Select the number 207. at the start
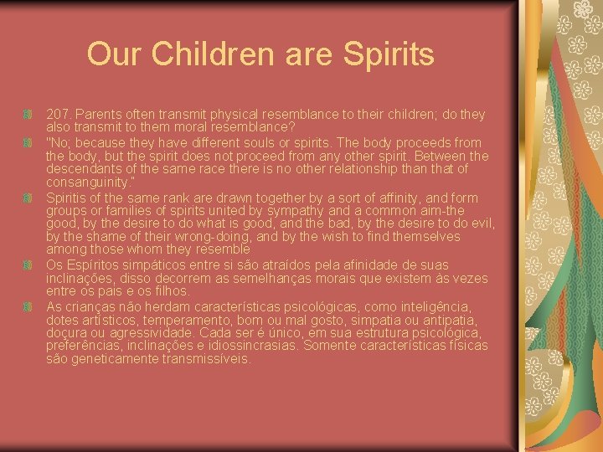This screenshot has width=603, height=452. coord(59,115)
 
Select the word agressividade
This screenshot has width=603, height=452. coord(152,333)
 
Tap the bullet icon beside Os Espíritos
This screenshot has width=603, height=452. coord(29,265)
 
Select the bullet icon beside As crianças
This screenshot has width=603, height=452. coord(29,307)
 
